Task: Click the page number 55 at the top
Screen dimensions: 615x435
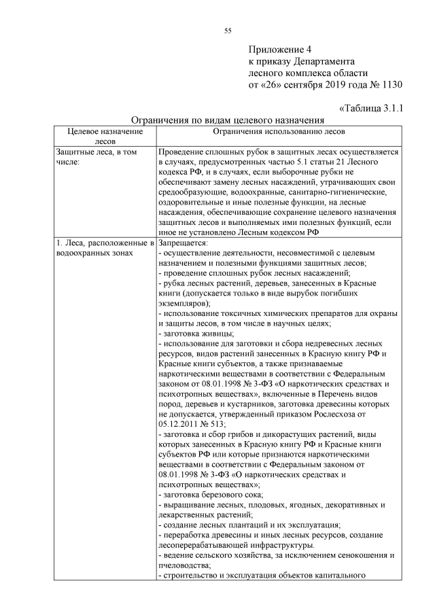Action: (228, 29)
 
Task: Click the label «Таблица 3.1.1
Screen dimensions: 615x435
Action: (371, 107)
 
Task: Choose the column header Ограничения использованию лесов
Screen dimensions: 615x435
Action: (279, 130)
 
